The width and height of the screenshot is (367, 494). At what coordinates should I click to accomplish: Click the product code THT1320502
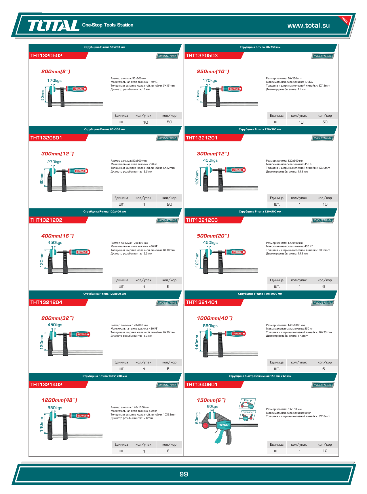[46, 55]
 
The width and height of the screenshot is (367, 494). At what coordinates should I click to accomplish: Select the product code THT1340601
[201, 384]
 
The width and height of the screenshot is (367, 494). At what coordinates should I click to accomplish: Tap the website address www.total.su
[309, 25]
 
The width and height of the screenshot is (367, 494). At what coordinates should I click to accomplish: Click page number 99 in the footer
[184, 474]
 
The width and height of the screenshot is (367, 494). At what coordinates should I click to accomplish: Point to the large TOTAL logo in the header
[54, 25]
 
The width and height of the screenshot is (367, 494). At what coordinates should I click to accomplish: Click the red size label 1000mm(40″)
[215, 318]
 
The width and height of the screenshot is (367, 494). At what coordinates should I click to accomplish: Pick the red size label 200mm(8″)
[56, 71]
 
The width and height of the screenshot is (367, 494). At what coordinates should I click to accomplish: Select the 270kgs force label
[54, 162]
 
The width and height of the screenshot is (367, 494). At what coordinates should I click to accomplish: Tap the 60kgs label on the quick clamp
[212, 406]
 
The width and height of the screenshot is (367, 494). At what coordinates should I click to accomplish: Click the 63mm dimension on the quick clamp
[197, 418]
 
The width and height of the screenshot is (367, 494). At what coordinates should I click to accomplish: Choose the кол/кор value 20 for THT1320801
[170, 204]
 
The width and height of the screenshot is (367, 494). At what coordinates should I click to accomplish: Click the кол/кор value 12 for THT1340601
[325, 451]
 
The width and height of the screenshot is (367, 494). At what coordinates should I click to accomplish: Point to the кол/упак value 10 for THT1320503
[301, 122]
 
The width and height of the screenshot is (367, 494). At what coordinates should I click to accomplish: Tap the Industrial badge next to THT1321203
[323, 221]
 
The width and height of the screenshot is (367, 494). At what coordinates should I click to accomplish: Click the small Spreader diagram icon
[247, 416]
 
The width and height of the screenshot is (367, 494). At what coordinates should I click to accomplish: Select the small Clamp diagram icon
[247, 403]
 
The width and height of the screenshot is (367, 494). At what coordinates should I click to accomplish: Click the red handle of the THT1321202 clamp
[79, 252]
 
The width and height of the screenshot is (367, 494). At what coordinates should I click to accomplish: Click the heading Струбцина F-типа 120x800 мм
[104, 294]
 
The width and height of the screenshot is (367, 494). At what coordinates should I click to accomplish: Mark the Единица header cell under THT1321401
[277, 362]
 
